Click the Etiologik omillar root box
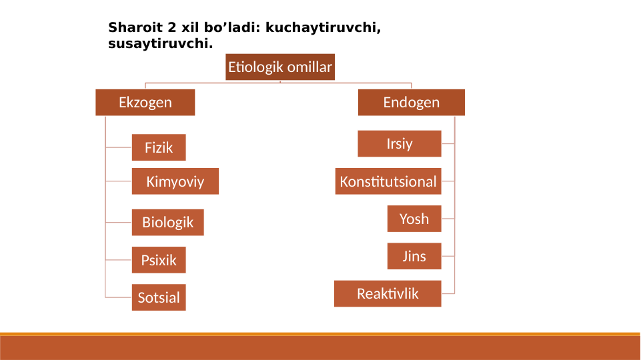279,67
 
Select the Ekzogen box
145,103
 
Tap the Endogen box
411,103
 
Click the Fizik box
159,147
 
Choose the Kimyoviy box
175,181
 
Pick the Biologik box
167,222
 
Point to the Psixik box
159,260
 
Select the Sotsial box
159,297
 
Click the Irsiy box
400,143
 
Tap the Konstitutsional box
388,181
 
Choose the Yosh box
414,219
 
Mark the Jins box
414,256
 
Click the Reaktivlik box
388,293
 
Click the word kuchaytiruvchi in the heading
322,28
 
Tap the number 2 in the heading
171,28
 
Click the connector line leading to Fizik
119,147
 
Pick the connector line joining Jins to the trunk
448,256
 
